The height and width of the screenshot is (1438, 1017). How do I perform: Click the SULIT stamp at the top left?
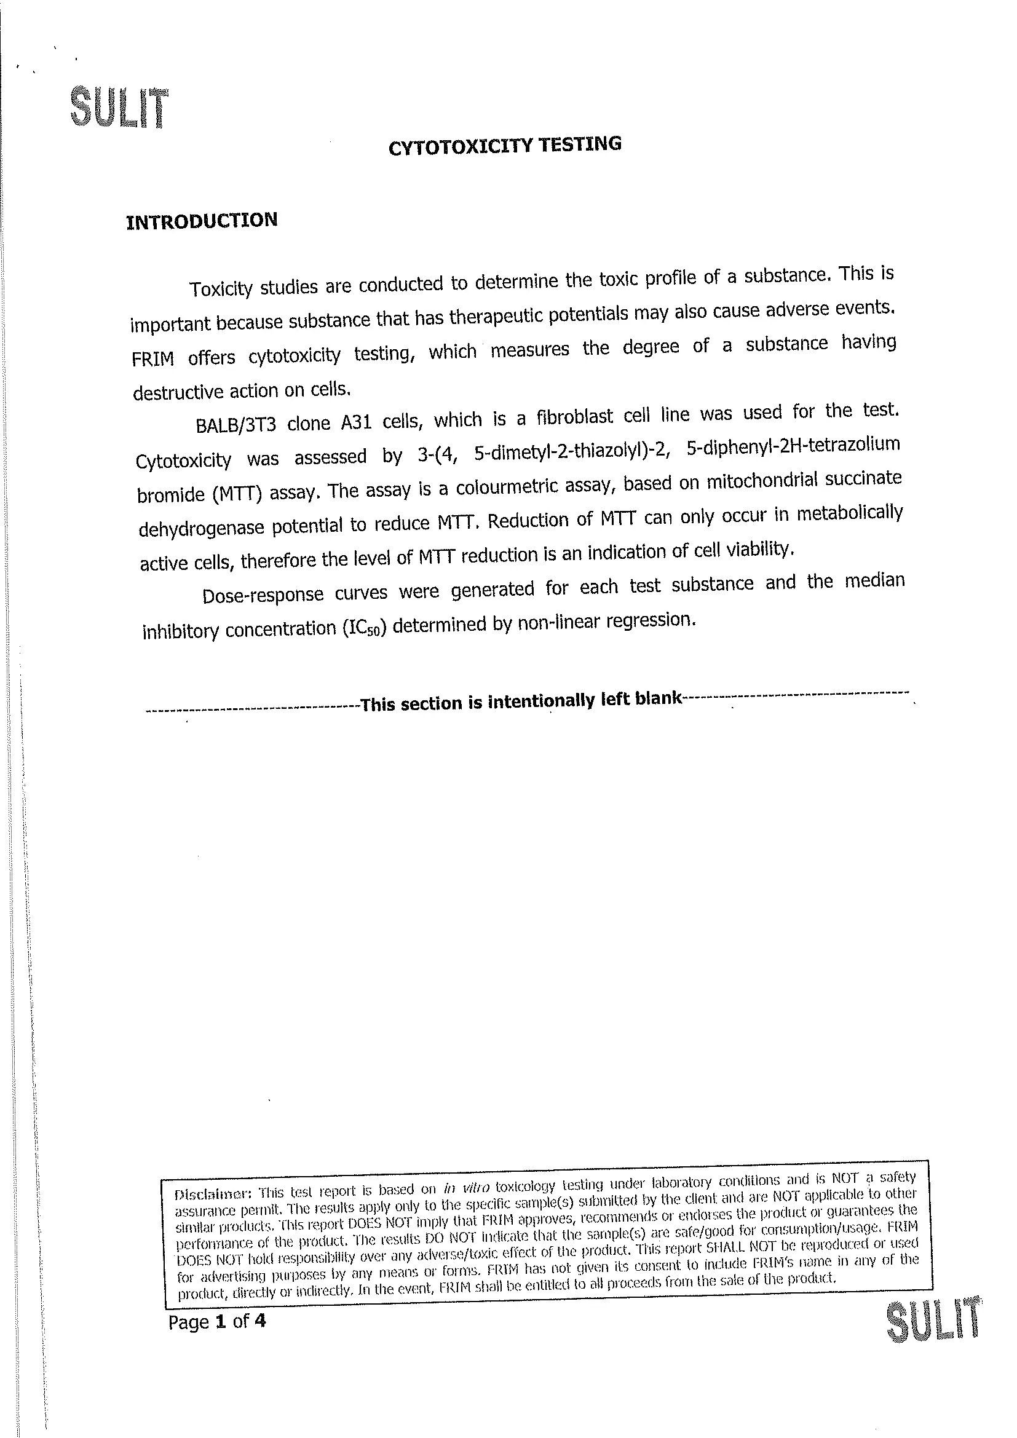coord(119,108)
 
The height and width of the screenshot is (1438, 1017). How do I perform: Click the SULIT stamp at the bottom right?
coord(933,1329)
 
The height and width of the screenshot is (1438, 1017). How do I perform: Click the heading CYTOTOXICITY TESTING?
coord(505,145)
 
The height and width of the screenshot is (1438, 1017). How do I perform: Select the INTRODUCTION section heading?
coord(202,221)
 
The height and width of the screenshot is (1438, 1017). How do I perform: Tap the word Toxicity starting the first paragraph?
coord(221,289)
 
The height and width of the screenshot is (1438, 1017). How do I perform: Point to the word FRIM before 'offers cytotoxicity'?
coord(153,359)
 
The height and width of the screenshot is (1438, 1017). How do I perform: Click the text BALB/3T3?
coord(235,425)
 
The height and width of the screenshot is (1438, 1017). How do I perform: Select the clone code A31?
coord(355,423)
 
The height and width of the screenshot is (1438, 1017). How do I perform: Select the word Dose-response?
coord(263,595)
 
